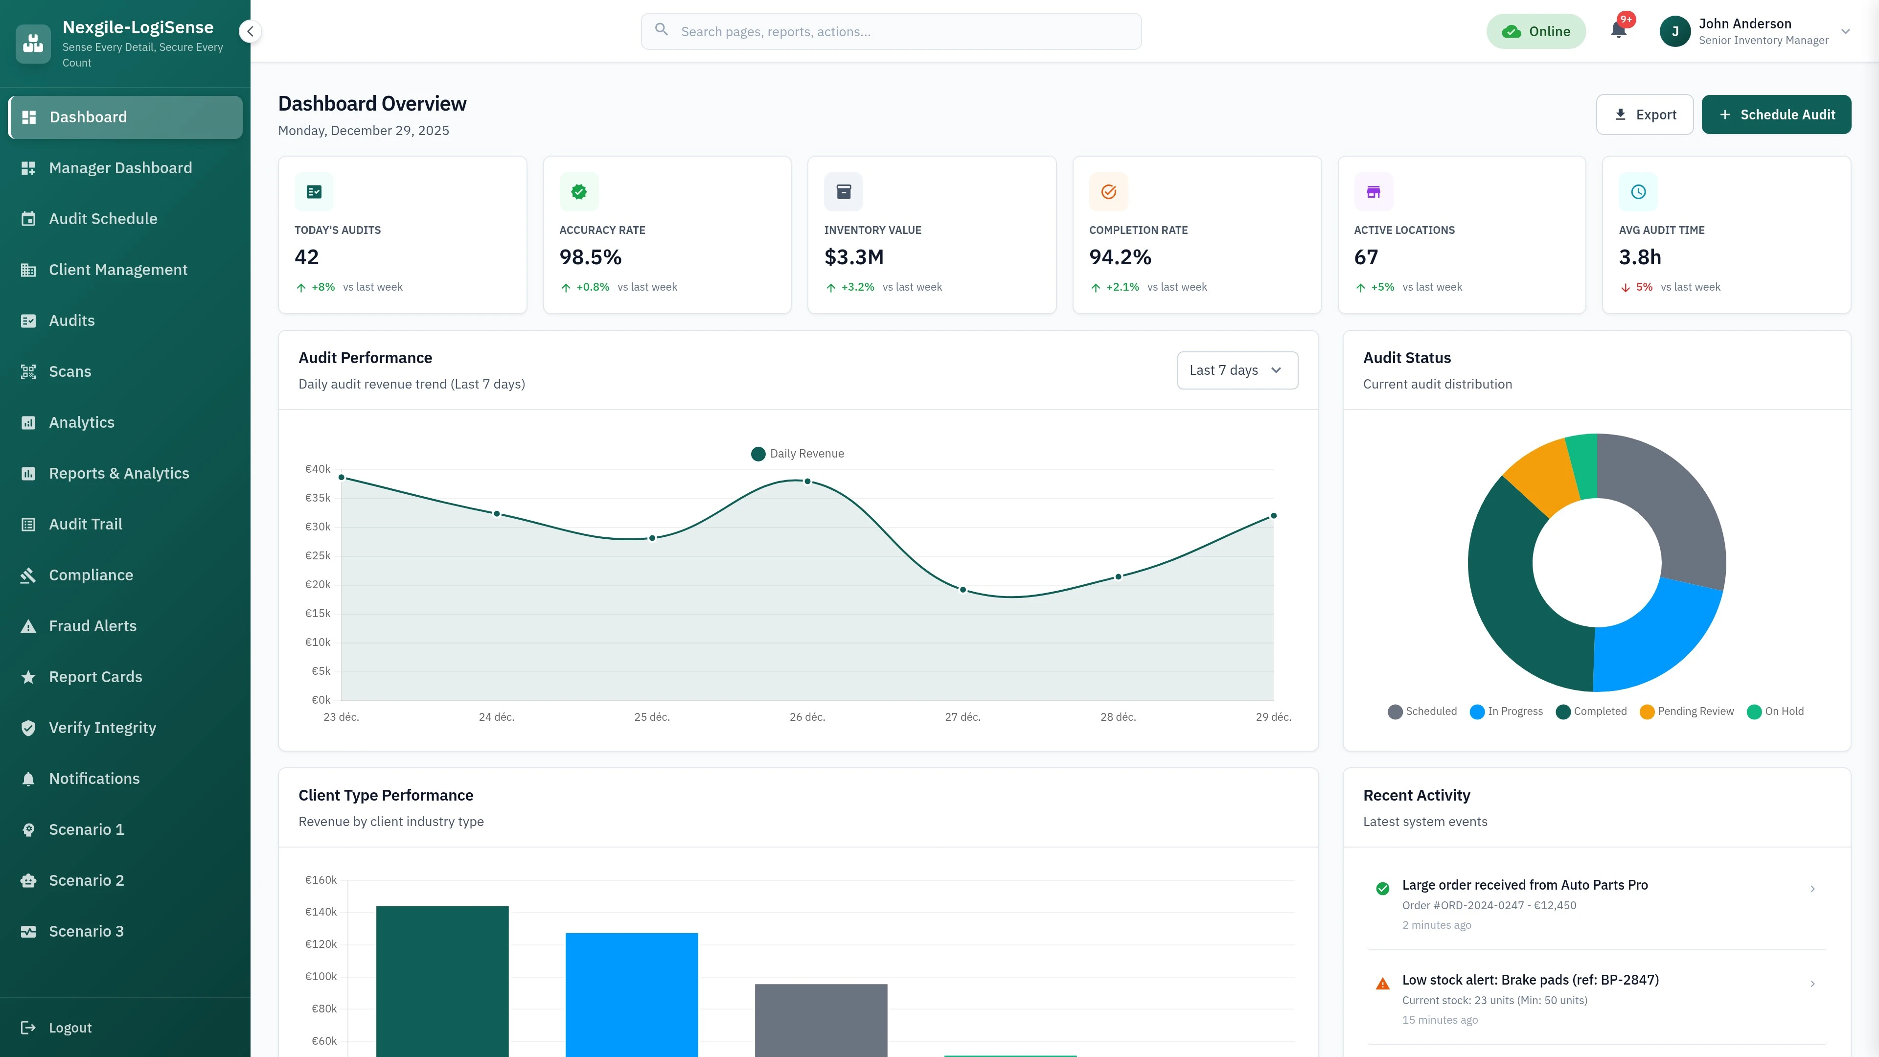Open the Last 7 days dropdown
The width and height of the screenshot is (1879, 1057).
[x=1237, y=370]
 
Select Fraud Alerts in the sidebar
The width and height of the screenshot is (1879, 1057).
[x=92, y=626]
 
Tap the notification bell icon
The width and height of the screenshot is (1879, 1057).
[x=1618, y=31]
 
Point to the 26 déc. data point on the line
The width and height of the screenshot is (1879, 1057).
[x=807, y=482]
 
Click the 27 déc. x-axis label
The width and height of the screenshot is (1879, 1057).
[x=962, y=717]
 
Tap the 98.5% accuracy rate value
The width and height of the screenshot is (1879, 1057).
[x=590, y=257]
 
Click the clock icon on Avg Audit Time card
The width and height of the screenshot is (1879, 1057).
[x=1638, y=192]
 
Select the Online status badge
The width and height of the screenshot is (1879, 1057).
[x=1535, y=31]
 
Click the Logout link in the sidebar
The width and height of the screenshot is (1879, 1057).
[x=70, y=1027]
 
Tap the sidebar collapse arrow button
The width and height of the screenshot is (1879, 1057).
[x=250, y=31]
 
